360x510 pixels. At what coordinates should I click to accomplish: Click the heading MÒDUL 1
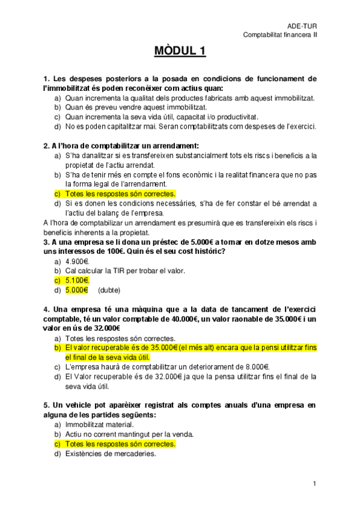180,52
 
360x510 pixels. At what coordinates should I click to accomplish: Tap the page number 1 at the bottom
314,484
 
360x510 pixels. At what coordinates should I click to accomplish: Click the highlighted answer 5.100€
77,280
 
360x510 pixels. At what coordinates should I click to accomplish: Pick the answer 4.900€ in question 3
77,261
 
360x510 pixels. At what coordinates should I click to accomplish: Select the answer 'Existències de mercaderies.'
111,454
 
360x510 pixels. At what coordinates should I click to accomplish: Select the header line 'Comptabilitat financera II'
280,35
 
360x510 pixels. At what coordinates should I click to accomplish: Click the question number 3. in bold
47,241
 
